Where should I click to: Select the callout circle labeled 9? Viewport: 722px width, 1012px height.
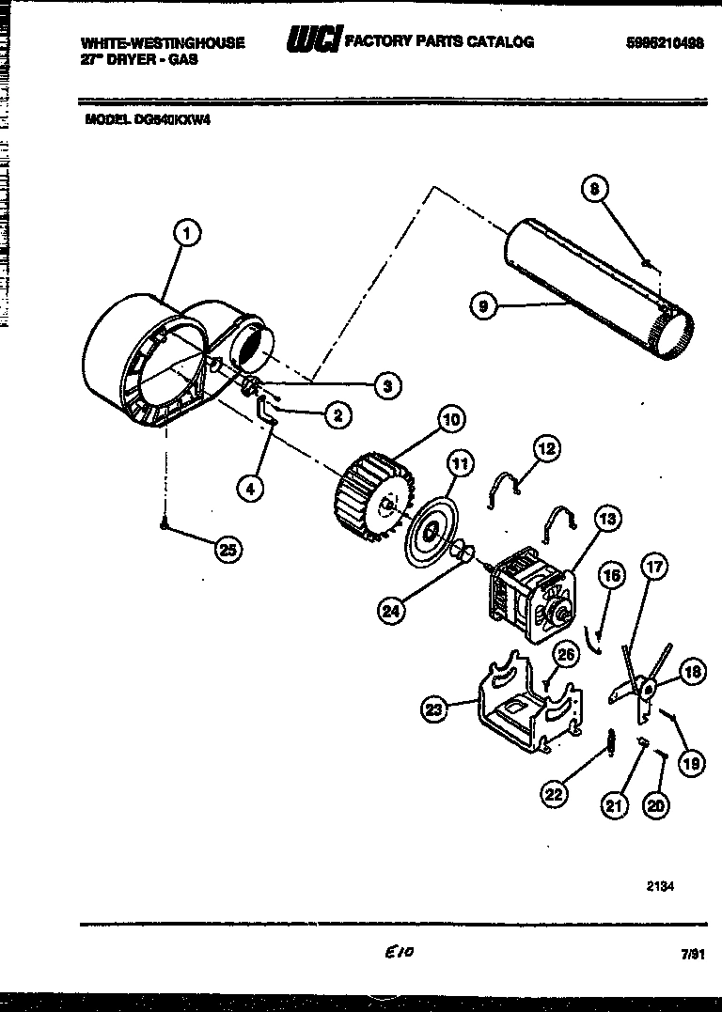point(483,305)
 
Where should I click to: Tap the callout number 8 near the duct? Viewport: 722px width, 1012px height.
point(594,189)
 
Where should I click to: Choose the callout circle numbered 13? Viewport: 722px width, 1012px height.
point(608,518)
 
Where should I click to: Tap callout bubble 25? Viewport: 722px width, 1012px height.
point(228,550)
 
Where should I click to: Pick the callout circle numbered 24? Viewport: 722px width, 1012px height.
point(392,610)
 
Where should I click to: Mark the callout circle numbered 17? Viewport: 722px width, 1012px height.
point(654,567)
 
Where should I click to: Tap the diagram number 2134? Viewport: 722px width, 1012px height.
point(660,885)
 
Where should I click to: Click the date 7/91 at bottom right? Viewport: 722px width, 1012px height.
point(692,954)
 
